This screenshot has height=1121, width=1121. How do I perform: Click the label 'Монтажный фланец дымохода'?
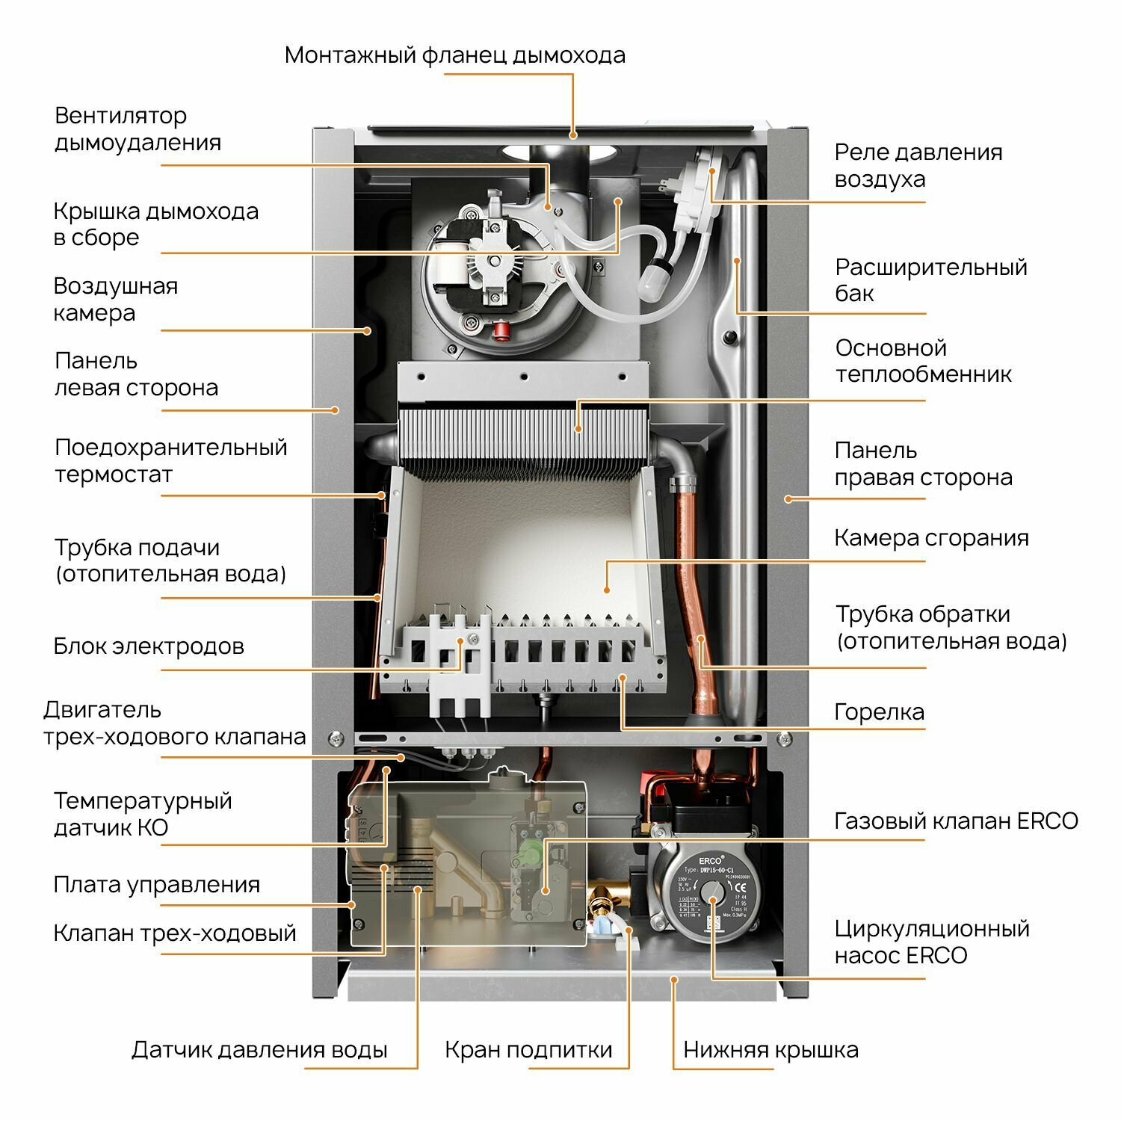tap(454, 55)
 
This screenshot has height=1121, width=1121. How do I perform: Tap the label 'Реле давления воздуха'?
tap(918, 165)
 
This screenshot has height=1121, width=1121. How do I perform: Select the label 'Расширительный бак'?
tap(930, 280)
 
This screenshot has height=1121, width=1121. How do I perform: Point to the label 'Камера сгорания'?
tap(930, 538)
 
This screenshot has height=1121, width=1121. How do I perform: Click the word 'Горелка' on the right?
tap(879, 712)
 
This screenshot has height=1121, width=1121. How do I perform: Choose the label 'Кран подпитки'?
tap(528, 1050)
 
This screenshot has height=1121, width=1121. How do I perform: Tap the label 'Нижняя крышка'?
tap(771, 1050)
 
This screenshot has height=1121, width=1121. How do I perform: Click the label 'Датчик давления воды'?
tap(259, 1050)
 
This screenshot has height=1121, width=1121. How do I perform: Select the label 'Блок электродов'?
tap(149, 646)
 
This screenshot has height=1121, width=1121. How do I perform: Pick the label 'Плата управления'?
tap(156, 885)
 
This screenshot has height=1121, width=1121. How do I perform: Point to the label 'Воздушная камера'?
tap(115, 299)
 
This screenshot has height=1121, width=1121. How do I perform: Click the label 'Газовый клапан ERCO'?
tap(956, 821)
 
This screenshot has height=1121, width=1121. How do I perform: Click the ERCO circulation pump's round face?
tap(711, 892)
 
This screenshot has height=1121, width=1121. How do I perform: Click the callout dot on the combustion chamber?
tap(607, 589)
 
